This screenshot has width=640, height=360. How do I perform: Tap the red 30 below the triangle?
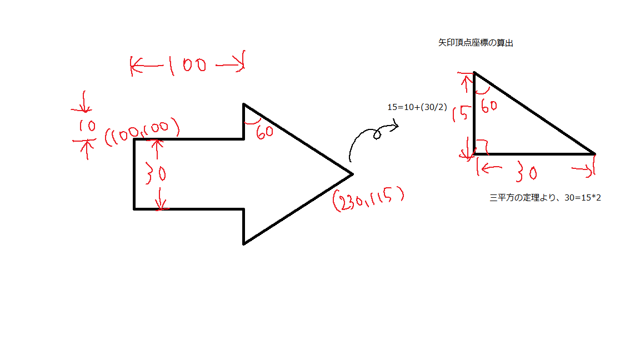pos(525,173)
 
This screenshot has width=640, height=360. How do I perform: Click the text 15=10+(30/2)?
pos(417,108)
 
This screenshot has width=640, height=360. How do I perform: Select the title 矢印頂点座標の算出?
pos(475,43)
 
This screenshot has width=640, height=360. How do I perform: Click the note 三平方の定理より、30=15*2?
pos(545,198)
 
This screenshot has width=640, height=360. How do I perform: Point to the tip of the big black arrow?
pos(352,174)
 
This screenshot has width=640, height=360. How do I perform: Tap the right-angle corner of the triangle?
pos(474,153)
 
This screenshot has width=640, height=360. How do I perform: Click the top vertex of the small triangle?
pos(474,73)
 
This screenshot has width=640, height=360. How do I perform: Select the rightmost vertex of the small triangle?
pos(594,153)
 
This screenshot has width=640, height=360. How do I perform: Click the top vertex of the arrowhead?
pos(244,104)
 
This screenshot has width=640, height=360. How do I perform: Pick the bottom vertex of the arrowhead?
pos(244,243)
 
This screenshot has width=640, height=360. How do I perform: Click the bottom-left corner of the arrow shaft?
pos(134,209)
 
